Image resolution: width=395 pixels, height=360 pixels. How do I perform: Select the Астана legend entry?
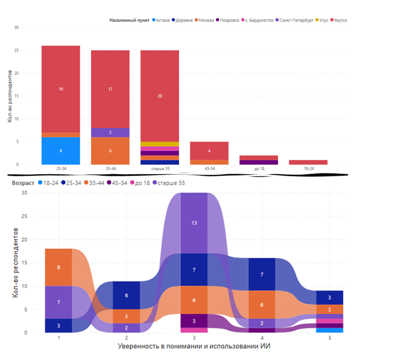pos(163,20)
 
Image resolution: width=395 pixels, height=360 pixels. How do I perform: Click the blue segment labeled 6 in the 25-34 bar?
pos(60,151)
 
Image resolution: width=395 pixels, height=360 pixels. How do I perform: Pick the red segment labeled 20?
pos(160,96)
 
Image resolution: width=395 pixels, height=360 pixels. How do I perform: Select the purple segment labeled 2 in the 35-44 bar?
pos(110,132)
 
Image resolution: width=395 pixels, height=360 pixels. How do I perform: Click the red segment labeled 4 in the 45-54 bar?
pos(209,151)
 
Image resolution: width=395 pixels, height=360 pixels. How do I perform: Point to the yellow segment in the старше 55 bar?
pos(160,144)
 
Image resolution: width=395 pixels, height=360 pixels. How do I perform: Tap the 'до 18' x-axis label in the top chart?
pos(259,169)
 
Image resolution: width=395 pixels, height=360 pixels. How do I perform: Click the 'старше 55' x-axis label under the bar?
pos(160,169)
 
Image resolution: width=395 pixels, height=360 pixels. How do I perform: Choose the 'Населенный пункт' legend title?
pos(130,20)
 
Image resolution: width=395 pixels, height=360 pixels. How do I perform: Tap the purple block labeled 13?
pos(195,223)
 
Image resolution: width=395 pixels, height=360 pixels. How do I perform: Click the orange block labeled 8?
pos(58,267)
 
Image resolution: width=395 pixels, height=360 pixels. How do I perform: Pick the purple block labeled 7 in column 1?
pos(58,302)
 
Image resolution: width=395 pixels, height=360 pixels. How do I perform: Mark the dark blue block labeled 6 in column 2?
pos(127,295)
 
